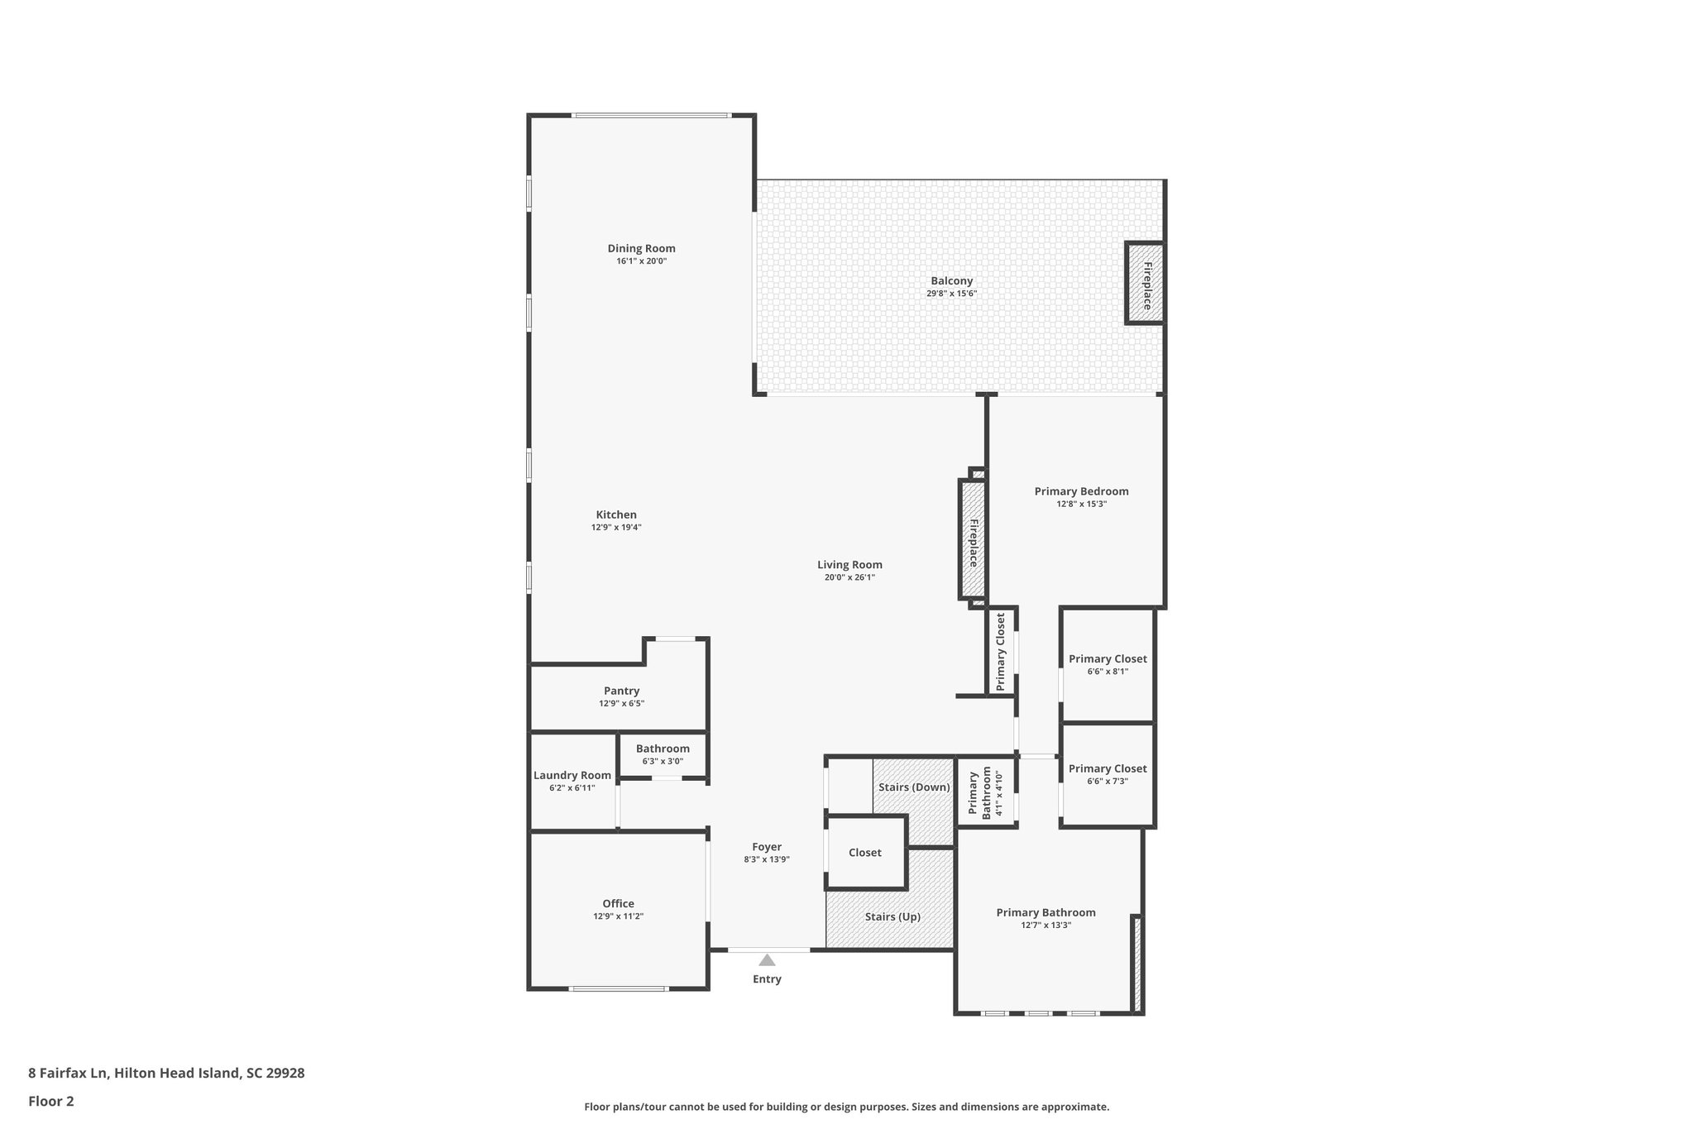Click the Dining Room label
click(641, 248)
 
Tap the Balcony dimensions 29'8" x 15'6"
click(951, 294)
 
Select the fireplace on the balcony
click(1145, 284)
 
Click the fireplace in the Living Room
click(972, 540)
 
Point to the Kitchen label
click(616, 514)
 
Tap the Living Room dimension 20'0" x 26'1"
click(849, 578)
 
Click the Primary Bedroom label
click(1081, 491)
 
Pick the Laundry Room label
click(572, 775)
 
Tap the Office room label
click(618, 904)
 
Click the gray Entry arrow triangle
click(767, 960)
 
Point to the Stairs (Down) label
click(914, 787)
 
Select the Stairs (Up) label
click(892, 916)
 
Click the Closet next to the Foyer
click(864, 853)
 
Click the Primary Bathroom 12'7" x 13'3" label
click(1046, 912)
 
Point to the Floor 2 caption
click(51, 1101)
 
